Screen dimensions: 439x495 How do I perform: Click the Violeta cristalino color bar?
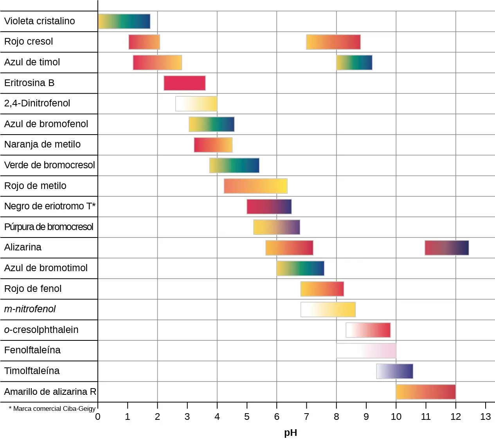point(124,22)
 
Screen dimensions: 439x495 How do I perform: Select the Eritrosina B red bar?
point(184,83)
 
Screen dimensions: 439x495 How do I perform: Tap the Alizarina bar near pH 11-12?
point(446,248)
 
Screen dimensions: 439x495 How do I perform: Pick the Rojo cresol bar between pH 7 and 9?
point(333,42)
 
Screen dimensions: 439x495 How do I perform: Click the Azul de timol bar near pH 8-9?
point(354,63)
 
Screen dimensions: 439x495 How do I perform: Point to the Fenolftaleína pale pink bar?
point(366,351)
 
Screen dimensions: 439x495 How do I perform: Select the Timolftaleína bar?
point(394,371)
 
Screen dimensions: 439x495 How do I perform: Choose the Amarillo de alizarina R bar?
point(426,392)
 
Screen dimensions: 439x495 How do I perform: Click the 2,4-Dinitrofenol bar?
point(196,104)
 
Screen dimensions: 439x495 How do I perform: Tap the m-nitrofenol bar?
point(328,309)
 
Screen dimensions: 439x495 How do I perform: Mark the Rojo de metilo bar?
point(256,186)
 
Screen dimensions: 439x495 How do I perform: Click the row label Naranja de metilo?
point(42,144)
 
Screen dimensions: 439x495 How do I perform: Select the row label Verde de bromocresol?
point(49,165)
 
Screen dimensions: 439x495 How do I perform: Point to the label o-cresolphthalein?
point(41,330)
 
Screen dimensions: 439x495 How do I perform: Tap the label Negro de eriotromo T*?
point(50,206)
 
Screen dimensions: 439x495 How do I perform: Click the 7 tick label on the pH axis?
point(306,417)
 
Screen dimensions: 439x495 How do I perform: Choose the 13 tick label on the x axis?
point(485,417)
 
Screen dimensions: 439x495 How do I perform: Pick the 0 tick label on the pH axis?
point(98,417)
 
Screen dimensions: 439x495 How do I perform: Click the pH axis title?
point(291,432)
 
